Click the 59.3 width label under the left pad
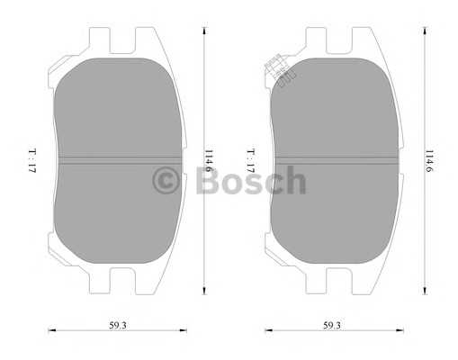tap(118, 325)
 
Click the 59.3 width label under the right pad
tap(332, 325)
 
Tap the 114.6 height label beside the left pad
tap(209, 160)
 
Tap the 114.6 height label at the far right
tap(429, 160)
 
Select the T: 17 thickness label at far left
tap(32, 160)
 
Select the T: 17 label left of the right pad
tap(251, 160)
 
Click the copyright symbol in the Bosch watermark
tap(166, 181)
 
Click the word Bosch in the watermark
tap(251, 180)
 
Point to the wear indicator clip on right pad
tap(280, 70)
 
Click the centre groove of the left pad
tap(120, 160)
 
